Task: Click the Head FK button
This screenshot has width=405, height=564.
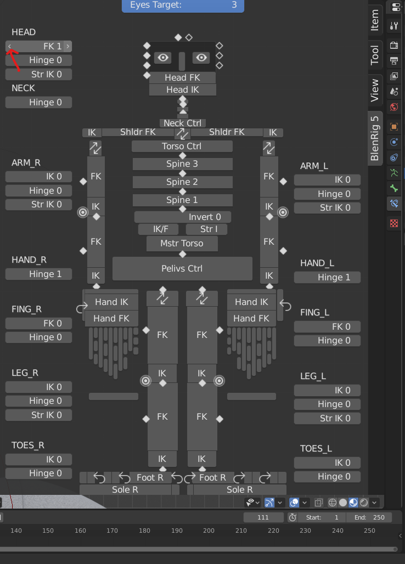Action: [182, 77]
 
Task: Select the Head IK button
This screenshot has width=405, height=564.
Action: [182, 89]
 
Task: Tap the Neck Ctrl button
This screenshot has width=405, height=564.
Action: [182, 123]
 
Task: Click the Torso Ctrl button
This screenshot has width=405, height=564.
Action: [182, 146]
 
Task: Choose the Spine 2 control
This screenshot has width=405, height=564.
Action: [182, 182]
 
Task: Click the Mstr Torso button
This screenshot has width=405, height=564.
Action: [182, 243]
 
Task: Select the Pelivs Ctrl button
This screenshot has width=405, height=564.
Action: [182, 268]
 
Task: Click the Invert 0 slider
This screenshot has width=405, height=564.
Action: [182, 217]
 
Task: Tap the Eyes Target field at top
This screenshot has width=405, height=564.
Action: [183, 5]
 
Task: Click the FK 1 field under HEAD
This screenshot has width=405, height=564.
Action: [38, 46]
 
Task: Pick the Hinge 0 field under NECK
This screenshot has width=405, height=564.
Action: [38, 102]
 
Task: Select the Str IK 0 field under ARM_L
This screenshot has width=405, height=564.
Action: [327, 208]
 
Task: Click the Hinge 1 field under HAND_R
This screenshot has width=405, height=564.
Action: [38, 274]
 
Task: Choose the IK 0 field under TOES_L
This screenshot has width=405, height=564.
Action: [327, 463]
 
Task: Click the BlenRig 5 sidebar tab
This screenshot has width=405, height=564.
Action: [375, 138]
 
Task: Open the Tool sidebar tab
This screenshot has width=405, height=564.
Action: [375, 55]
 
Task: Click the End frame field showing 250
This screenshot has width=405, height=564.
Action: [373, 517]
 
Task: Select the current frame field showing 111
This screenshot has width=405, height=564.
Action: [263, 517]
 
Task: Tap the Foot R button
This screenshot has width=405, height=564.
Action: [149, 477]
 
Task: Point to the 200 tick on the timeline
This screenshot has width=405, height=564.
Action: [209, 531]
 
